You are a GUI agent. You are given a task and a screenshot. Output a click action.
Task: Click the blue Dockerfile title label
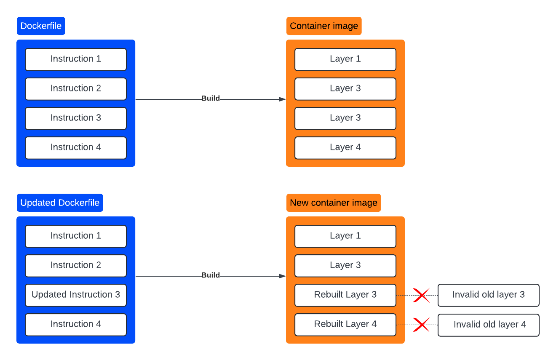(x=41, y=26)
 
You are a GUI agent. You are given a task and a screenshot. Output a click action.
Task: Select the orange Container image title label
(x=323, y=26)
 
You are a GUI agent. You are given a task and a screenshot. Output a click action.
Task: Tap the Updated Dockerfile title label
(x=60, y=203)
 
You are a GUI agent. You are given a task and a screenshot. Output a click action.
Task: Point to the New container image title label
(x=333, y=203)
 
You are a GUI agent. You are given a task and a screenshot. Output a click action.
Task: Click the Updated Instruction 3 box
(x=76, y=295)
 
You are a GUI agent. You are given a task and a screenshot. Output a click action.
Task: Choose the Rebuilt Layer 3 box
(x=345, y=295)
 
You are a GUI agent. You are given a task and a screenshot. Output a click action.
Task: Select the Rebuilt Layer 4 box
(x=345, y=324)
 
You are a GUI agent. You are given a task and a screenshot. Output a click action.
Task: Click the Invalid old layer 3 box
(x=488, y=295)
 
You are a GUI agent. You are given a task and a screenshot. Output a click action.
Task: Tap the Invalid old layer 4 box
(x=488, y=325)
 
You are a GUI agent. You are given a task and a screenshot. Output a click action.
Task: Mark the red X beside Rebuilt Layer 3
(x=421, y=295)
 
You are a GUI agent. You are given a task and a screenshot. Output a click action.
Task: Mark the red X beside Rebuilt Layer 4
(x=421, y=325)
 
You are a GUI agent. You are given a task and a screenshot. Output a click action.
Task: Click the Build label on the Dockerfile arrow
(x=210, y=99)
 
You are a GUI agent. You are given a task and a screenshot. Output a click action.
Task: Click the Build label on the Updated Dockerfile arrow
(x=210, y=275)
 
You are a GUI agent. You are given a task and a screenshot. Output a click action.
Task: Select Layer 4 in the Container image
(x=345, y=147)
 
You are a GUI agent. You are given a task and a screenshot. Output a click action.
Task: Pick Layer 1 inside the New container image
(x=345, y=236)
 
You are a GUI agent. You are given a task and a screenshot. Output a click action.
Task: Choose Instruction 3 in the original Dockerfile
(x=76, y=118)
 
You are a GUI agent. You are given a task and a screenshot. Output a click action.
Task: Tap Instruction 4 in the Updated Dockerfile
(x=76, y=324)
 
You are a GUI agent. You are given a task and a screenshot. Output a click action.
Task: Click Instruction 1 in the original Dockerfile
(x=76, y=59)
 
